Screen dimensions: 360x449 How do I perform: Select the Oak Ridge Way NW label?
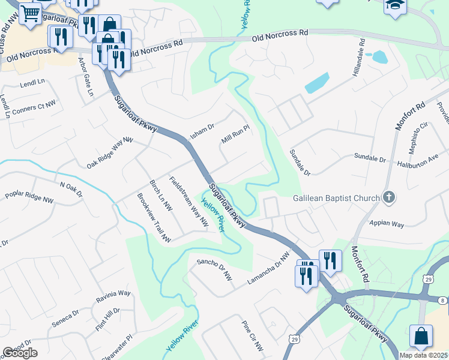tap(109, 154)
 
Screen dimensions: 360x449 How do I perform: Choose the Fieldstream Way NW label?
tap(188, 201)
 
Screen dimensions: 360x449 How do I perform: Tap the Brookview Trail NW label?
tap(154, 218)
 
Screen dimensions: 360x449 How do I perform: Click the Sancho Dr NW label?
tap(214, 269)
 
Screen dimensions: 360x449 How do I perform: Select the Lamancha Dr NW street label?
tap(268, 268)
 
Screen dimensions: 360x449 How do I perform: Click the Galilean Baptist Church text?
tap(336, 198)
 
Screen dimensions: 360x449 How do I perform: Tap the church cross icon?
tap(390, 197)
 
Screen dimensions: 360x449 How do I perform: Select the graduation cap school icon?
tap(396, 5)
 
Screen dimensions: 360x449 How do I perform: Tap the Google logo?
tap(20, 353)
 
